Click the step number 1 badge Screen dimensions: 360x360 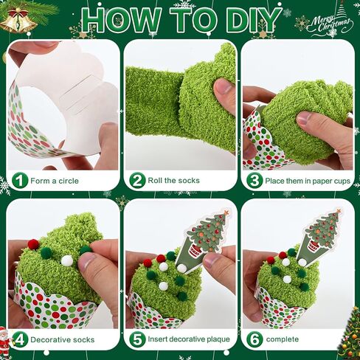pyautogui.click(x=20, y=181)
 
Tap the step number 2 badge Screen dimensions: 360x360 pyautogui.click(x=137, y=181)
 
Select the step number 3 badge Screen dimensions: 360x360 pyautogui.click(x=255, y=181)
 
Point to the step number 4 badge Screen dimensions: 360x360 pyautogui.click(x=20, y=339)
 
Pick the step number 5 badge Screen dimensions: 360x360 pyautogui.click(x=137, y=339)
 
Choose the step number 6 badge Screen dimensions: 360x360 pyautogui.click(x=255, y=339)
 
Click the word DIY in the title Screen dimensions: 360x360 pyautogui.click(x=252, y=20)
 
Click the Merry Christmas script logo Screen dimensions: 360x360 pyautogui.click(x=330, y=24)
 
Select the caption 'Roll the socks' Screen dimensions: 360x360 pyautogui.click(x=173, y=181)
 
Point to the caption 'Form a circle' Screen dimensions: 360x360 pyautogui.click(x=55, y=181)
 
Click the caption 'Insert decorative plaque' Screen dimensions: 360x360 pyautogui.click(x=189, y=339)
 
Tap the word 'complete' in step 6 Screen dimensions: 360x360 pyautogui.click(x=283, y=339)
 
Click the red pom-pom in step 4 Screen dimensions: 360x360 pyautogui.click(x=33, y=243)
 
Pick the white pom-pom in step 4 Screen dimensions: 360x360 pyautogui.click(x=67, y=261)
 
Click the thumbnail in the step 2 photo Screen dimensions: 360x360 pyautogui.click(x=224, y=87)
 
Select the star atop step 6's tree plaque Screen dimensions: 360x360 pyautogui.click(x=339, y=210)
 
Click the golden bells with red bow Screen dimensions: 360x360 pyautogui.click(x=18, y=21)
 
